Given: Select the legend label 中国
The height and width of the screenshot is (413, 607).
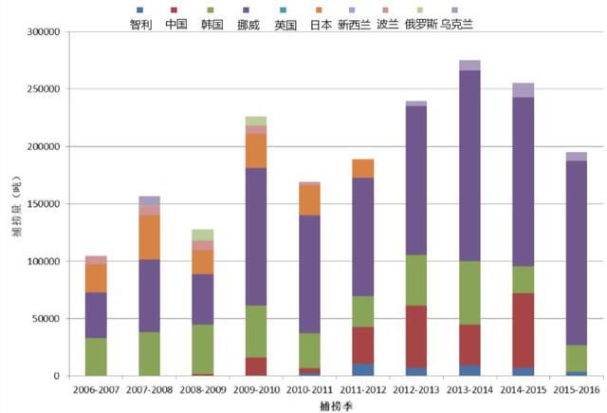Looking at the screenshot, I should (175, 25).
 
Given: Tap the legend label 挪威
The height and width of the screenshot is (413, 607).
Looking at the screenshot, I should (248, 25).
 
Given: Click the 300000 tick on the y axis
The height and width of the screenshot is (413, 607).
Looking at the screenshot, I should (43, 32).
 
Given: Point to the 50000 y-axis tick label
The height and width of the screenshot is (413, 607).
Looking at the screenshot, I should (46, 319).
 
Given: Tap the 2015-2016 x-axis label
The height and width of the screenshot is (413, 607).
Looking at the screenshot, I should (577, 389).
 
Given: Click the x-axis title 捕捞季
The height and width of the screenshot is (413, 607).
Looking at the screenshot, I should (336, 405).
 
